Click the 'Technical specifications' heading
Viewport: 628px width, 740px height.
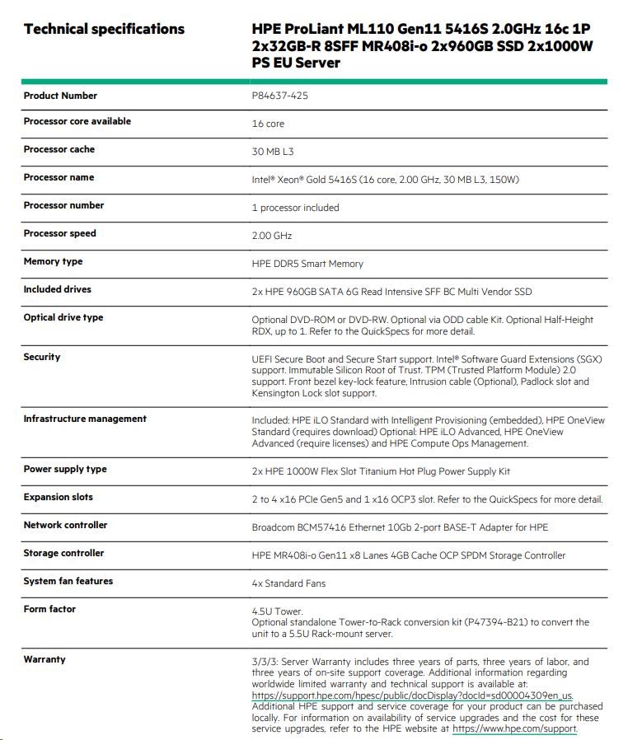coord(104,30)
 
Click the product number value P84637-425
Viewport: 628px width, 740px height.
coord(280,96)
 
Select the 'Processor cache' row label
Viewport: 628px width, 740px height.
coord(59,149)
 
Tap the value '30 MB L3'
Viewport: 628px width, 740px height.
coord(273,152)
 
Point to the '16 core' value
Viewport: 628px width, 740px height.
coord(268,124)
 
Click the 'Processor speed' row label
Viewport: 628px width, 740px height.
coord(59,233)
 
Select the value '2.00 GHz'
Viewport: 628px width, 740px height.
coord(272,236)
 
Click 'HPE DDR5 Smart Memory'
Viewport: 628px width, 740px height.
coord(307,264)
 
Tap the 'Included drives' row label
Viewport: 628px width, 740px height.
coord(57,289)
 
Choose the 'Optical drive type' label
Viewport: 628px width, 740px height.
coord(63,317)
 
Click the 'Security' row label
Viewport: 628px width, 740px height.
coord(42,357)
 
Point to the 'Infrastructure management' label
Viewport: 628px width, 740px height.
coord(85,419)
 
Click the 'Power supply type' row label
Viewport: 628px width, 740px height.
coord(65,469)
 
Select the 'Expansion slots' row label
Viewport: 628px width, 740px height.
coord(58,497)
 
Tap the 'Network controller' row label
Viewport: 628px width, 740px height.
coord(65,525)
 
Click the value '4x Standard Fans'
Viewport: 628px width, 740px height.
coord(288,583)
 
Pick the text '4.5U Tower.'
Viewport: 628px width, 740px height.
coord(278,611)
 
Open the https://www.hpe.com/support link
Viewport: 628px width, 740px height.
coord(514,728)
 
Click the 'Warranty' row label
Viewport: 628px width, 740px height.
coord(45,659)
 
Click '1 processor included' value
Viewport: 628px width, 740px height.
coord(295,208)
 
